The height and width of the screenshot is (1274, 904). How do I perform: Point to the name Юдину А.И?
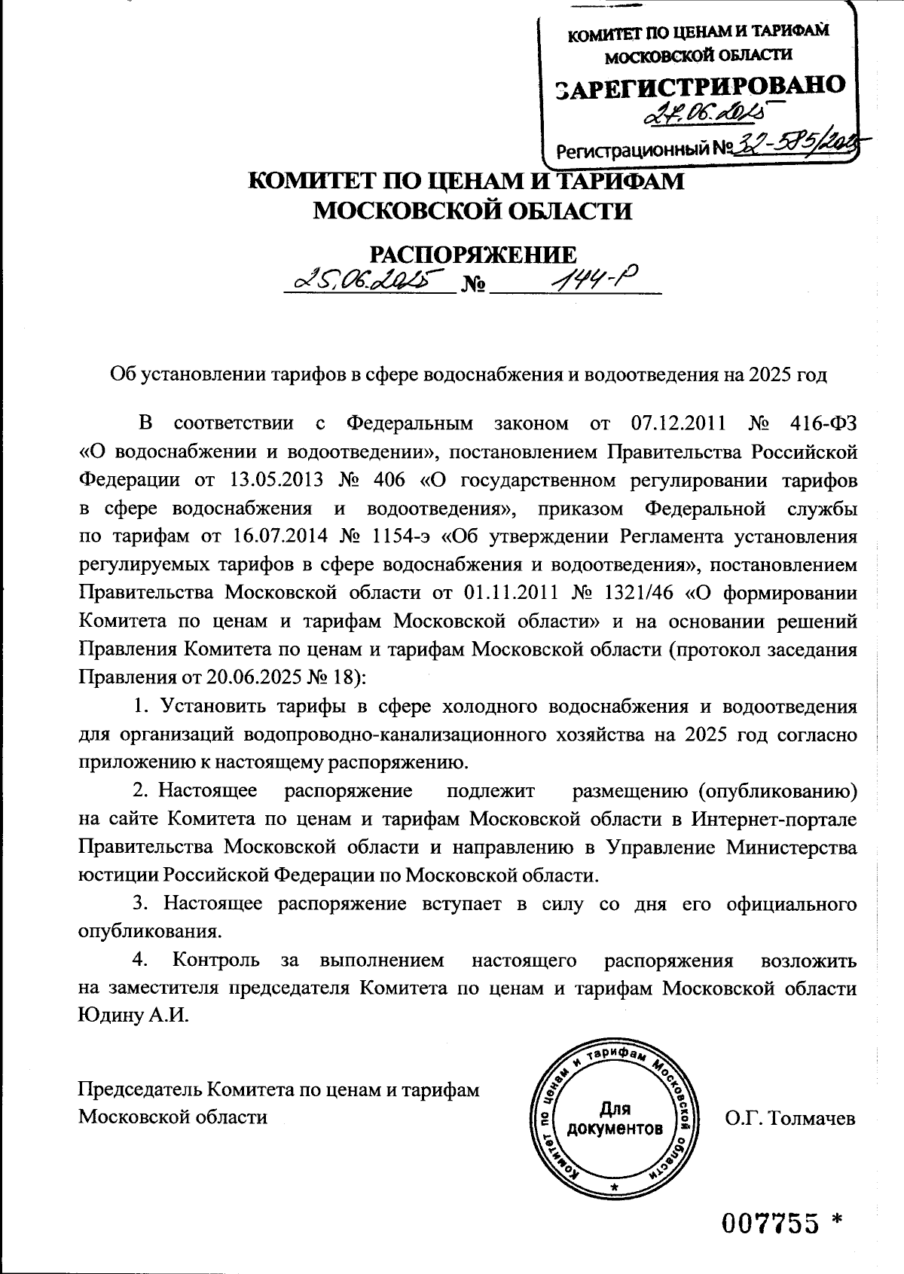[133, 1014]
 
